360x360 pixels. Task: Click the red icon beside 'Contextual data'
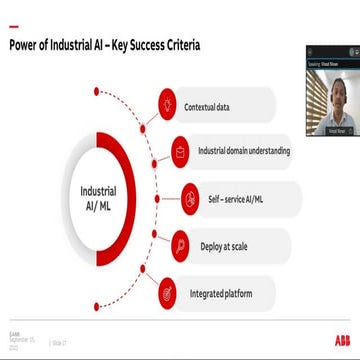point(166,102)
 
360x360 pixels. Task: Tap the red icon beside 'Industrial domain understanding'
point(179,151)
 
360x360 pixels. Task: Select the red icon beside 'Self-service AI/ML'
point(189,198)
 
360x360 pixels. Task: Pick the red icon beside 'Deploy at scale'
point(179,245)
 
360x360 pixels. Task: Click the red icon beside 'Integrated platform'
point(167,294)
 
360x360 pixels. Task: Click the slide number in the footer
point(58,343)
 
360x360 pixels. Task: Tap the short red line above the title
point(16,19)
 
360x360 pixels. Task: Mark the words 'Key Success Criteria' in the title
point(159,45)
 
